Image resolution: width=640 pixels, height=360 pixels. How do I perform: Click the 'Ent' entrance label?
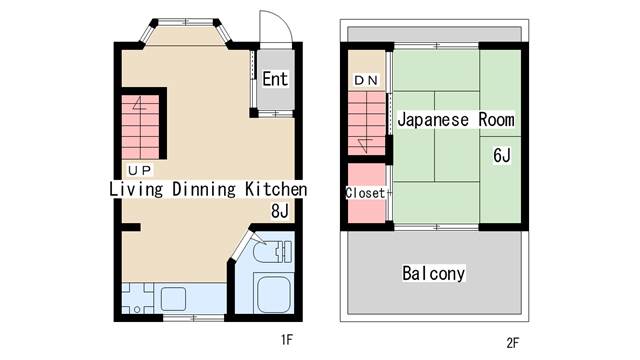[275, 79]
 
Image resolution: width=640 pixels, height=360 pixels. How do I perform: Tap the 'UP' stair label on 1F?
[140, 170]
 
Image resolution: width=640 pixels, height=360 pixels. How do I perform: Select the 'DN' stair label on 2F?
[366, 80]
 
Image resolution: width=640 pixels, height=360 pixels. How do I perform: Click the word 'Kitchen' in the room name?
[276, 189]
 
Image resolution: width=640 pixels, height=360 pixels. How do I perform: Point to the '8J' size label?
[280, 211]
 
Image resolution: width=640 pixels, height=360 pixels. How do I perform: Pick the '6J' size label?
[502, 155]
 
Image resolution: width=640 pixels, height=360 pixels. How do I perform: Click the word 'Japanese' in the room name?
[433, 120]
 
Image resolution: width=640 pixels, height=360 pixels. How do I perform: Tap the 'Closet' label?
[365, 193]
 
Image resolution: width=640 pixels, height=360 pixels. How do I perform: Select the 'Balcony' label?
[433, 273]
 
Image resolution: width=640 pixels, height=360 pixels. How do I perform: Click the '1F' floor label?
[287, 339]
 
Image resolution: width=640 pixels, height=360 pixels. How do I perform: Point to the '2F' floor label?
[513, 343]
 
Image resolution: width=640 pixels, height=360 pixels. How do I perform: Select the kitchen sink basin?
[173, 299]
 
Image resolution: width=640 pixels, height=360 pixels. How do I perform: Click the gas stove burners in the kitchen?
[138, 299]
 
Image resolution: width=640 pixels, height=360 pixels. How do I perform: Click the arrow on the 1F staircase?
[140, 104]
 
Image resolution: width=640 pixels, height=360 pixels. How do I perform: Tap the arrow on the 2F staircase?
[365, 146]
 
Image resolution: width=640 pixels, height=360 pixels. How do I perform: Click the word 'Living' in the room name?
[136, 189]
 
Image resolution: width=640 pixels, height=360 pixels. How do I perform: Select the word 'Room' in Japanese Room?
[496, 120]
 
